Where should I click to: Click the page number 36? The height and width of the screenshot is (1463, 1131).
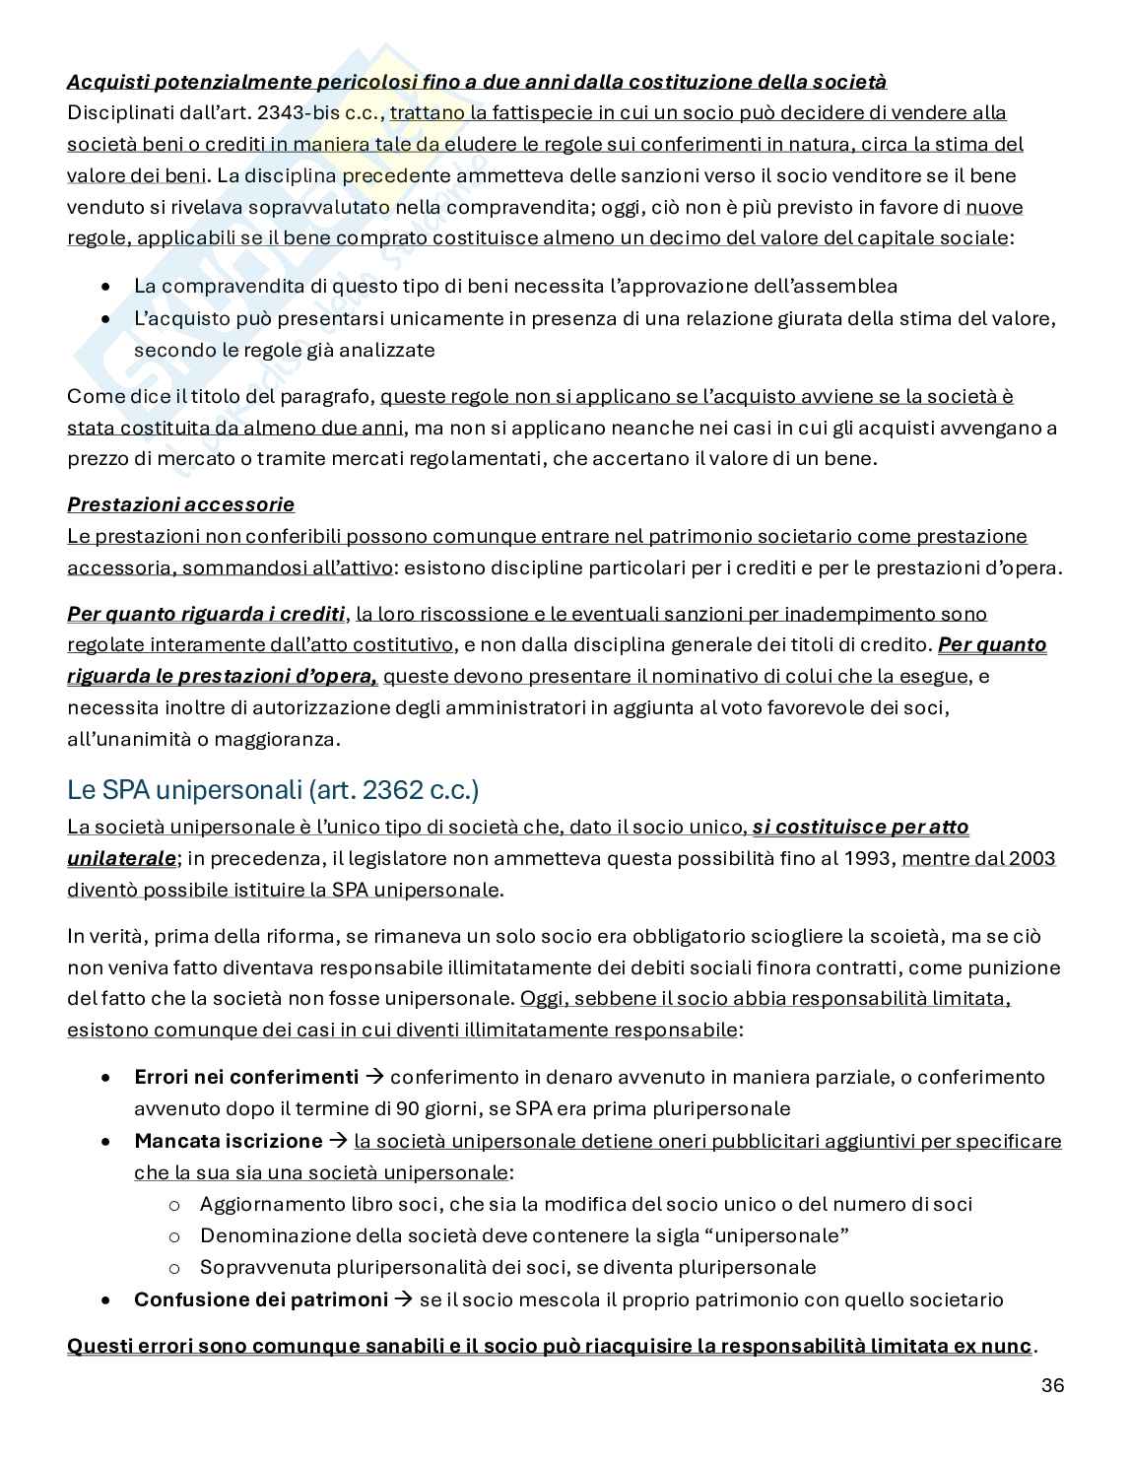(1052, 1385)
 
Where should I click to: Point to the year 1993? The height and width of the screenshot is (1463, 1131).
(868, 858)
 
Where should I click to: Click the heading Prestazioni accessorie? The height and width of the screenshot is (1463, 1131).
(180, 504)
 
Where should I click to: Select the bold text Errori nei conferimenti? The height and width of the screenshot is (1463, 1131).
(246, 1077)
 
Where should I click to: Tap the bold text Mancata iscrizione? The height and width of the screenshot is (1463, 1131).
(228, 1141)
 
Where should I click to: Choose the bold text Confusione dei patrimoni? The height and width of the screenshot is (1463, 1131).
(261, 1299)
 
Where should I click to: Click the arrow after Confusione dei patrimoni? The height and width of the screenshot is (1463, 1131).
(403, 1299)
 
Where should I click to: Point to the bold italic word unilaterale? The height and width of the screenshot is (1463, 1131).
(121, 858)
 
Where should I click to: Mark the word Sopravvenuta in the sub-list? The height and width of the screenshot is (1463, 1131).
(254, 1267)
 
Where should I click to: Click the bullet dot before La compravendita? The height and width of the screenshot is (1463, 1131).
(106, 287)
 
